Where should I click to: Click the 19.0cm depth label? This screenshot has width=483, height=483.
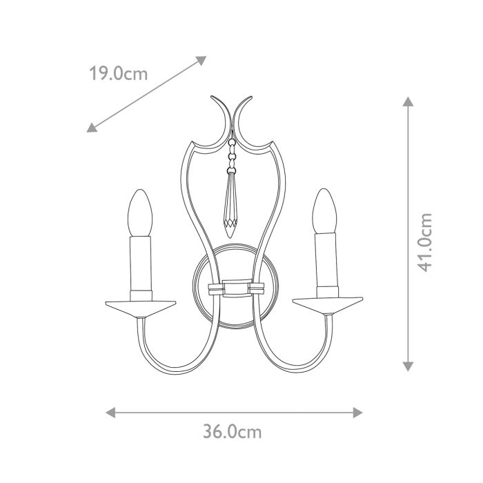click(x=118, y=73)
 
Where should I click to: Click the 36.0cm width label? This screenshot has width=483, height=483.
click(x=233, y=433)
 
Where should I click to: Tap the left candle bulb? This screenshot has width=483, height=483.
click(x=139, y=213)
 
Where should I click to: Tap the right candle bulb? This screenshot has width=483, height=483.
click(x=324, y=210)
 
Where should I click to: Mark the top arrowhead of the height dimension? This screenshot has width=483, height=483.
click(x=408, y=102)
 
